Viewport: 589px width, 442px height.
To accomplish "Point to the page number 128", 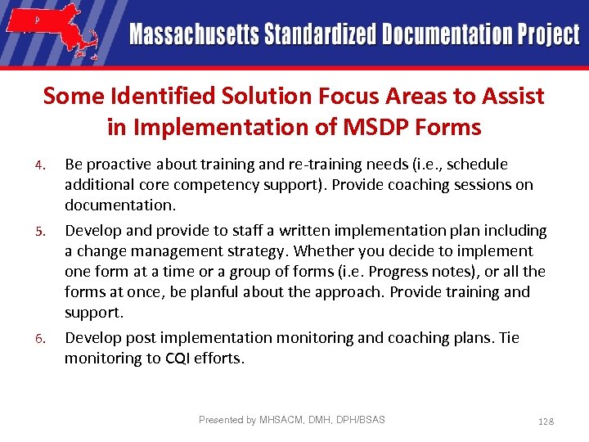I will tap(546, 421).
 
